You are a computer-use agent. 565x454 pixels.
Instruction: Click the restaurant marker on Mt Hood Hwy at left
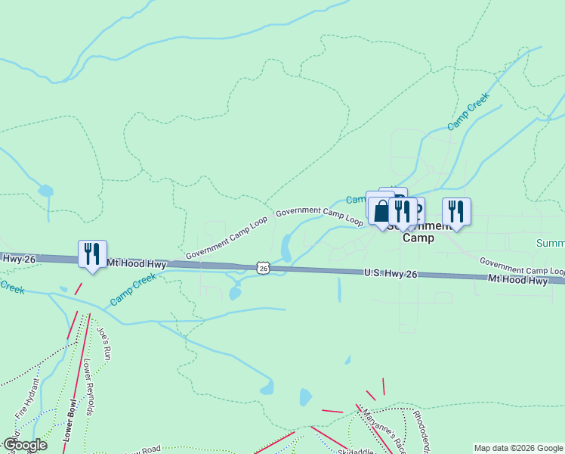[x=92, y=253]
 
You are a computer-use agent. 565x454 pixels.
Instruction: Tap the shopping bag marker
[x=381, y=210]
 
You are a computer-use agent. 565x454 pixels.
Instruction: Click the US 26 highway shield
[x=262, y=267]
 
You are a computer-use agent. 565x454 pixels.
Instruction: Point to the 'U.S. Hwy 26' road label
[x=390, y=273]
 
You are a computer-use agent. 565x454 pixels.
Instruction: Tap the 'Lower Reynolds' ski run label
[x=88, y=387]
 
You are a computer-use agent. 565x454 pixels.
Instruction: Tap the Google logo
[x=25, y=445]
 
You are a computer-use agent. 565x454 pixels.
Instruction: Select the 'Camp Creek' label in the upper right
[x=469, y=110]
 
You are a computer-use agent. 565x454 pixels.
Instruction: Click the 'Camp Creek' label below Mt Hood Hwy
[x=133, y=289]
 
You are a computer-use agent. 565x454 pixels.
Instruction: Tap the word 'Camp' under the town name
[x=418, y=237]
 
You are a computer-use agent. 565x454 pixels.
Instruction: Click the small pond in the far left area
[x=46, y=190]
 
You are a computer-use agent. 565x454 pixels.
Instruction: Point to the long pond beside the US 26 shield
[x=286, y=247]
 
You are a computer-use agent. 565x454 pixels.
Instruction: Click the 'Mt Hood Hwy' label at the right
[x=517, y=280]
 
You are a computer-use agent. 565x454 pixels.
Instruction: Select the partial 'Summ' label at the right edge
[x=551, y=243]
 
